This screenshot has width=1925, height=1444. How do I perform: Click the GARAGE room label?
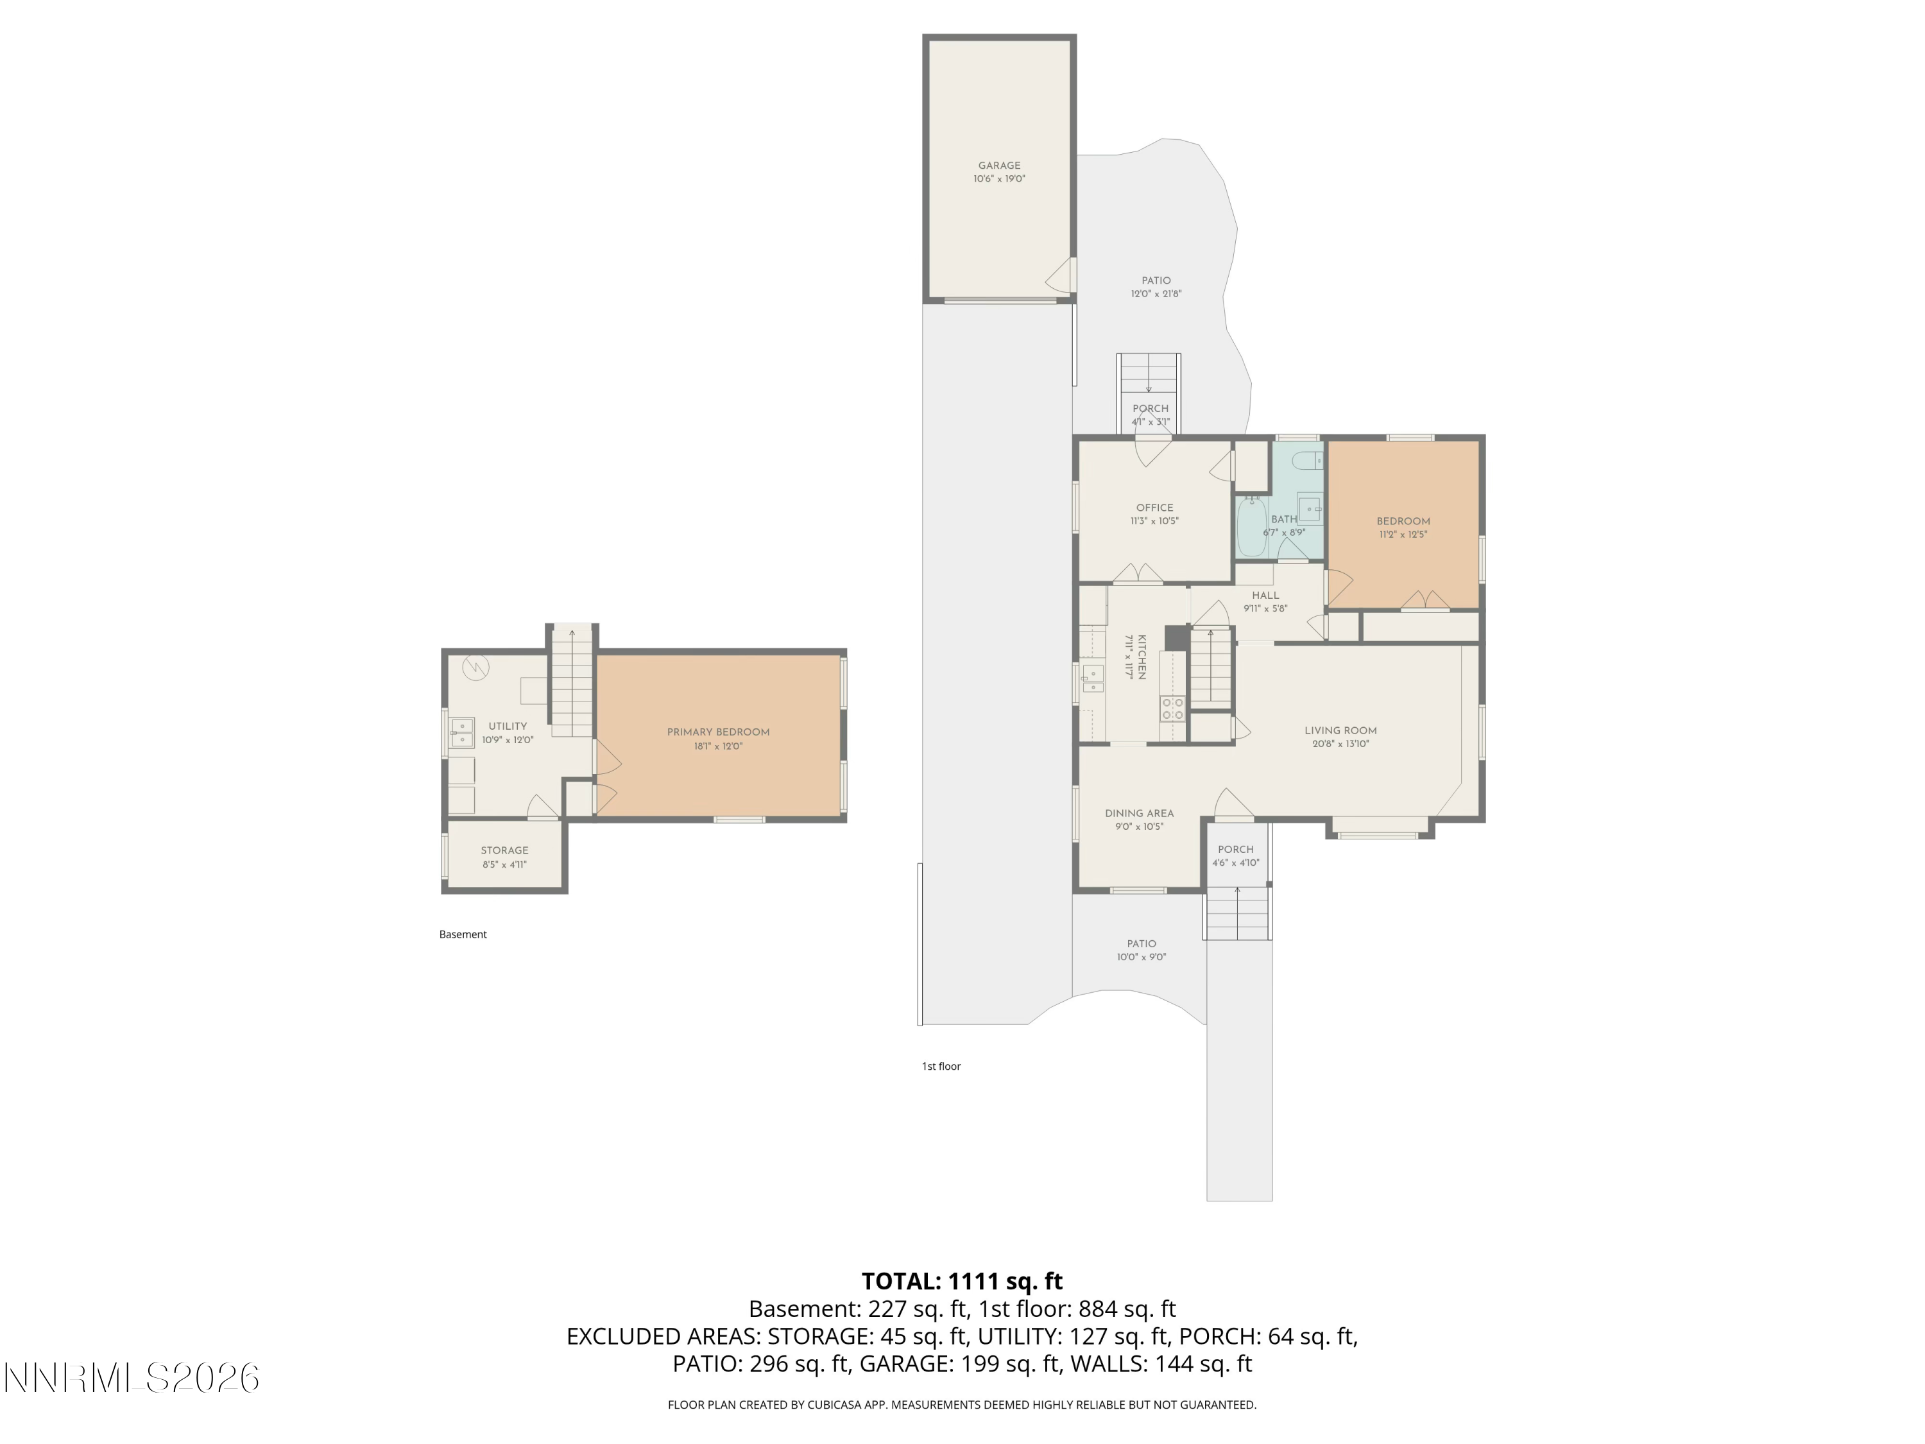[999, 166]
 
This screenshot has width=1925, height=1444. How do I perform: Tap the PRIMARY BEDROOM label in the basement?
[718, 732]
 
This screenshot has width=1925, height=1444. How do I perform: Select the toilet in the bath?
[1308, 460]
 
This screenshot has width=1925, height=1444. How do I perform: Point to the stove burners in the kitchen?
[1172, 709]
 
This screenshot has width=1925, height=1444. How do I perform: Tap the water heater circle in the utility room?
[475, 667]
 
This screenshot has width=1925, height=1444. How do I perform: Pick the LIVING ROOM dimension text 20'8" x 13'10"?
[1340, 744]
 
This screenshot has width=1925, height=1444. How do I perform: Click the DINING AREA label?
[1139, 813]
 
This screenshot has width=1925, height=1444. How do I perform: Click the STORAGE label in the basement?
[505, 850]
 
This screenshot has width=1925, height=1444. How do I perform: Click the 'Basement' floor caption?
[463, 934]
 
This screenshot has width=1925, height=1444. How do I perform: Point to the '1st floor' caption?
[941, 1065]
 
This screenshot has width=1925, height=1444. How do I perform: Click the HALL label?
[1265, 596]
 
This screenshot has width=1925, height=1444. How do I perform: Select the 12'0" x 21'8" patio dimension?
[1156, 294]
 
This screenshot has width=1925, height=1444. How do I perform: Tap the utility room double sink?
[461, 733]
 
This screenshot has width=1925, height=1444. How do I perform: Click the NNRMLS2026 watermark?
[132, 1378]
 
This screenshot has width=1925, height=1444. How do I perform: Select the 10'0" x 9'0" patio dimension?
[1141, 958]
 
